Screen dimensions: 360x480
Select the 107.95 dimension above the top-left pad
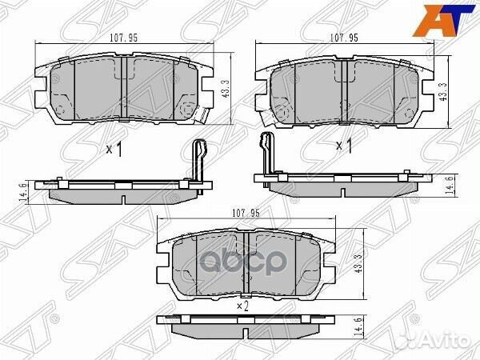(x=120, y=36)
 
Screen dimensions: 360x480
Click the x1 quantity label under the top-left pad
(x=113, y=150)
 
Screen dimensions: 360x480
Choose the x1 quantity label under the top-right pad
(x=343, y=145)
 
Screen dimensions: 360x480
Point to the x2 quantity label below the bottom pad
(x=244, y=305)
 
